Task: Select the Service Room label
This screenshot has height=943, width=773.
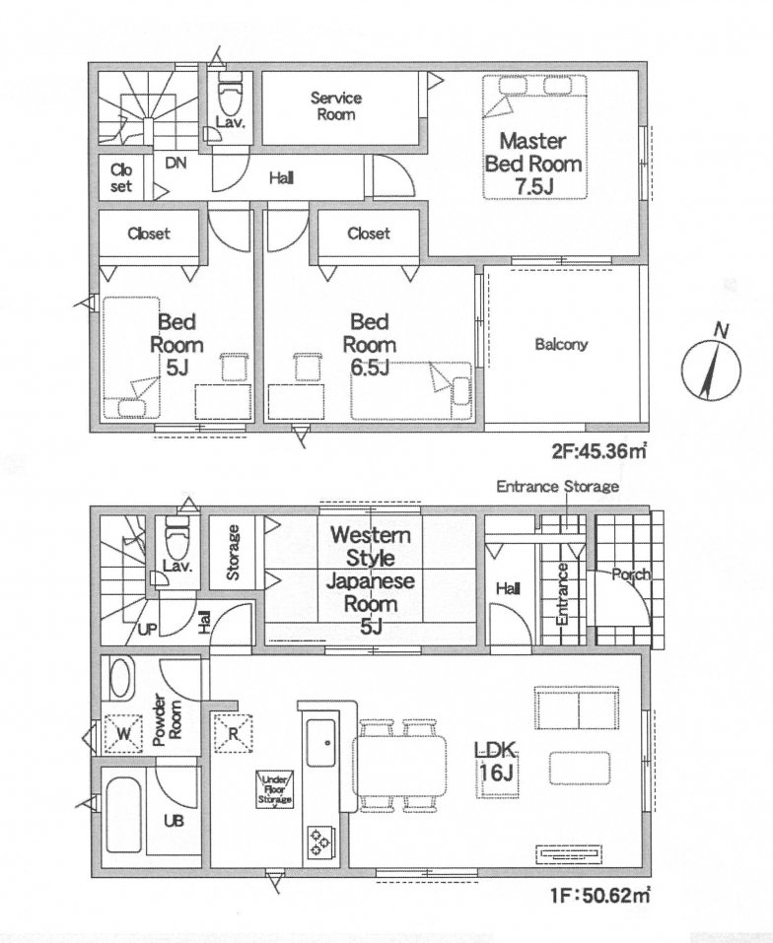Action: [x=336, y=106]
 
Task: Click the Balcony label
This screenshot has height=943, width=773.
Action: [x=561, y=345]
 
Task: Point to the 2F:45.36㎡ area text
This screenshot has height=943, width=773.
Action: [x=599, y=452]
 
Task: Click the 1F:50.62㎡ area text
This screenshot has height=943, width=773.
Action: [x=599, y=896]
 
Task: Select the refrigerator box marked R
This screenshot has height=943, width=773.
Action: [x=233, y=732]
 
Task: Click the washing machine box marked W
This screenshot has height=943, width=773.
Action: [x=123, y=732]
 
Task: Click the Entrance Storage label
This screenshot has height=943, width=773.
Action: [x=556, y=487]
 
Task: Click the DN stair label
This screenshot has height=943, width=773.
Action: [x=176, y=164]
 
